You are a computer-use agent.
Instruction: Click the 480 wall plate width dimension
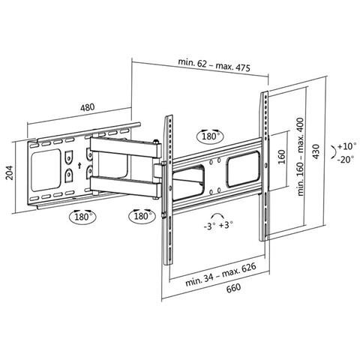point(88,107)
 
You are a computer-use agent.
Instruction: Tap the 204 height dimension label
point(9,172)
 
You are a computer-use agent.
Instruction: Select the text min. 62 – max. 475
point(214,64)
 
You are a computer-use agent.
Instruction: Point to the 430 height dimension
point(316,151)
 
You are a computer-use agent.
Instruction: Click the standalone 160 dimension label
point(281,157)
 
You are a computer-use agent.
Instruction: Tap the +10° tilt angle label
point(346,146)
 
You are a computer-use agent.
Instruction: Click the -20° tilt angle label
point(346,159)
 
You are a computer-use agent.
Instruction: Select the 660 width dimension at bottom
point(234,288)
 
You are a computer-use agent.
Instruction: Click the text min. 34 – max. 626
point(221,274)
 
